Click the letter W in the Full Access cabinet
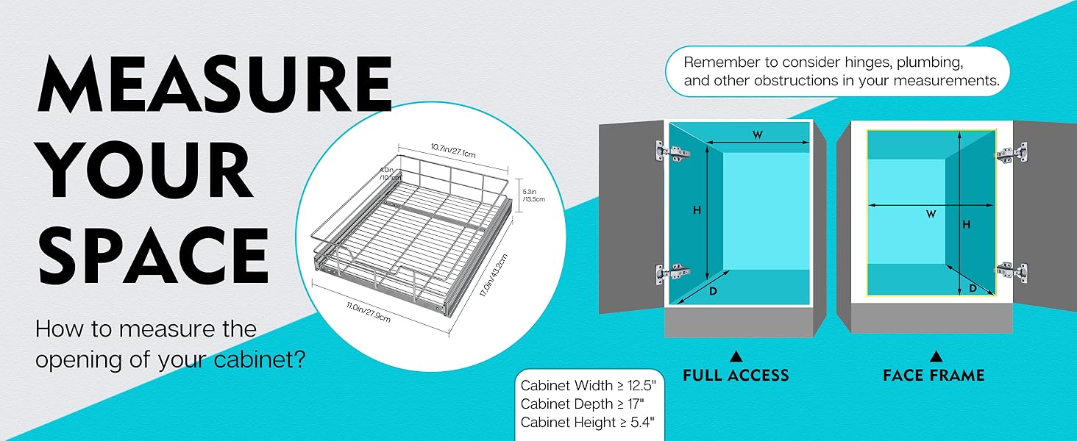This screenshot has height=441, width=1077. tap(756, 135)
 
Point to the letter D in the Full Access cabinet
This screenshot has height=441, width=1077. tap(712, 293)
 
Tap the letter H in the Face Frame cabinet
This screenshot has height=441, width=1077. tap(967, 224)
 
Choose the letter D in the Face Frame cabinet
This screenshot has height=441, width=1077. tap(973, 289)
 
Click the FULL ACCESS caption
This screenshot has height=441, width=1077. tap(736, 376)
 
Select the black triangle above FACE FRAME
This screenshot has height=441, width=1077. tap(936, 356)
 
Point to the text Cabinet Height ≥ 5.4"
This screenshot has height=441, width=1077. tap(587, 423)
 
